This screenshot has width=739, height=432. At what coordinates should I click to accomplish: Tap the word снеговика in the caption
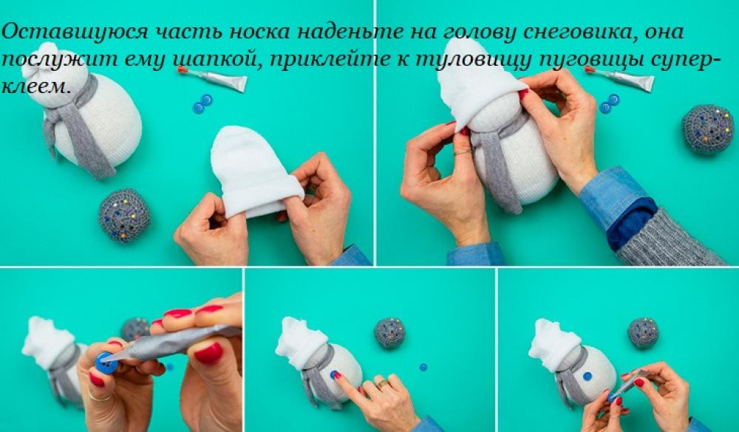572,32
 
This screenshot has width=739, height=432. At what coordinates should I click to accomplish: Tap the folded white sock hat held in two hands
255,172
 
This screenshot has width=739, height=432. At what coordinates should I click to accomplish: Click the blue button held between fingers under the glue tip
106,363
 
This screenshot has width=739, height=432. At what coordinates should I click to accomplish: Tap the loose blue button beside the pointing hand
423,367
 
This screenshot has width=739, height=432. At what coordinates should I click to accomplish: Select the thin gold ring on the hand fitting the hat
463,151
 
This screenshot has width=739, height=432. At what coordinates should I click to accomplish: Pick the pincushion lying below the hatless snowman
124,216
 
